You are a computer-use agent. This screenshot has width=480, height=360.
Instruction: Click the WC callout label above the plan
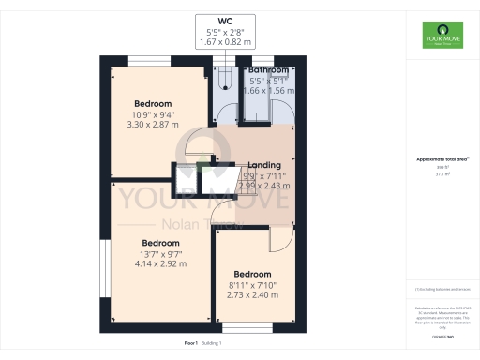coord(225,20)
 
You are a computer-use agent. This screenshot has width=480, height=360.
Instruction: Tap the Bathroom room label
coord(267,70)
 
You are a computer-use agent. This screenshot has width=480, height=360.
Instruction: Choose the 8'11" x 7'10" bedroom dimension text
coord(251,285)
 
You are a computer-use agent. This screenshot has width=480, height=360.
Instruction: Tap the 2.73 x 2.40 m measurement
coord(251,295)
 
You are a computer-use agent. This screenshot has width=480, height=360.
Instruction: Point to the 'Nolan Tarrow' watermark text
coord(202,224)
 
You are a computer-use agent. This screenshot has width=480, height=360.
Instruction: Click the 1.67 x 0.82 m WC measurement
coord(225,44)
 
